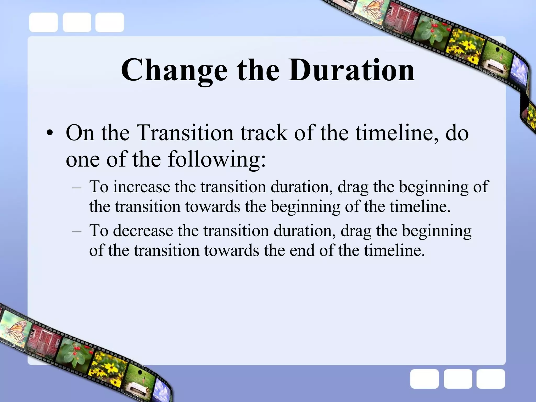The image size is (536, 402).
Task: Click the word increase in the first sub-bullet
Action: tap(142, 187)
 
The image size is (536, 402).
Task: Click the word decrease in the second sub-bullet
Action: tap(143, 231)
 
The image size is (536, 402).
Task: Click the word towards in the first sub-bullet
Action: tap(213, 206)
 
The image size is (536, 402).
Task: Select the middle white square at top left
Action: tap(77, 23)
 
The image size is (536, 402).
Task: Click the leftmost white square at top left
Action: tap(43, 23)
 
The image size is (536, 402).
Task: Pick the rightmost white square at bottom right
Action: tap(490, 379)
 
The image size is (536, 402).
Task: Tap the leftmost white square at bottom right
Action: tap(424, 379)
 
